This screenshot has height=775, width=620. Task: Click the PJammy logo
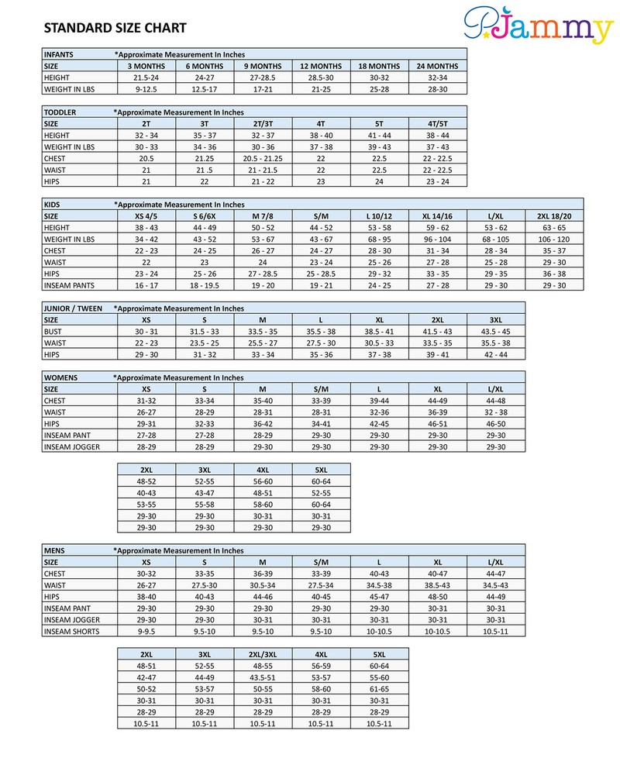(539, 26)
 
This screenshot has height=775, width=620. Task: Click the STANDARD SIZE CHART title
(115, 29)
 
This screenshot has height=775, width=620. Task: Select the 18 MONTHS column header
(379, 66)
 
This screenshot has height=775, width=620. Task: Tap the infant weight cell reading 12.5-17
(205, 89)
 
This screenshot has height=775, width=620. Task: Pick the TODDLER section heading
(60, 112)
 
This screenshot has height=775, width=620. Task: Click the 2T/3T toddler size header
(263, 123)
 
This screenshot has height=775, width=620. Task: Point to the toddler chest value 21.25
(205, 158)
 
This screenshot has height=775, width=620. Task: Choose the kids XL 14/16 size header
(437, 215)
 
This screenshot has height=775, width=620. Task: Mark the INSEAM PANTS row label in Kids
(71, 285)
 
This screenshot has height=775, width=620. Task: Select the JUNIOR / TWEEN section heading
(75, 308)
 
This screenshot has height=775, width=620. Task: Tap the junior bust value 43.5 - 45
(495, 331)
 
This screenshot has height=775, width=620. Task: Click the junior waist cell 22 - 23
(146, 343)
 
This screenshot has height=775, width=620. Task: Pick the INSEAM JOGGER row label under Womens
(74, 446)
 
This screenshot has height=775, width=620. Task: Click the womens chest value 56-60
(263, 480)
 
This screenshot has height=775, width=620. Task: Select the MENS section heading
(55, 549)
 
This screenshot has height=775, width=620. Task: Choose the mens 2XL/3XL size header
(263, 654)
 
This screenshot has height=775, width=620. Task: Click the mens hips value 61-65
(379, 688)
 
